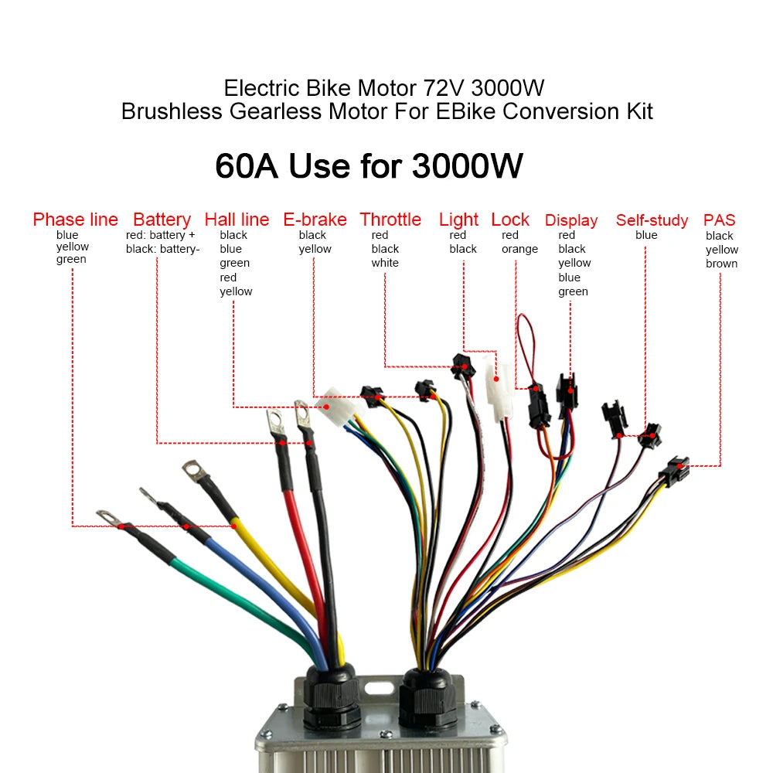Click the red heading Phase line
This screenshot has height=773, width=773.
click(x=75, y=220)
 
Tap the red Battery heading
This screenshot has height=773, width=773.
click(x=162, y=220)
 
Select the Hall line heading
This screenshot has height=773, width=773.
click(x=237, y=220)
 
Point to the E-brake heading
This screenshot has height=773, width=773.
click(x=315, y=220)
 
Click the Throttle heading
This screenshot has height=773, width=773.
click(x=390, y=220)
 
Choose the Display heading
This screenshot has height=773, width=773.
click(x=571, y=221)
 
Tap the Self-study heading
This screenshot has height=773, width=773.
click(x=652, y=221)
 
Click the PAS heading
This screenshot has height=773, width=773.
click(x=720, y=221)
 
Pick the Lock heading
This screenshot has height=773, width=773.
click(x=510, y=220)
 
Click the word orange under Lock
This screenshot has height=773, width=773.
click(x=519, y=249)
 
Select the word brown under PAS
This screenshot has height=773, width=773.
click(x=721, y=264)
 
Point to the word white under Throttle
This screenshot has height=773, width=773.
click(x=385, y=263)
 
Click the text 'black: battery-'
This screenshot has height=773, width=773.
click(x=163, y=249)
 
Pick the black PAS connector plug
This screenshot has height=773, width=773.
click(x=674, y=469)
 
